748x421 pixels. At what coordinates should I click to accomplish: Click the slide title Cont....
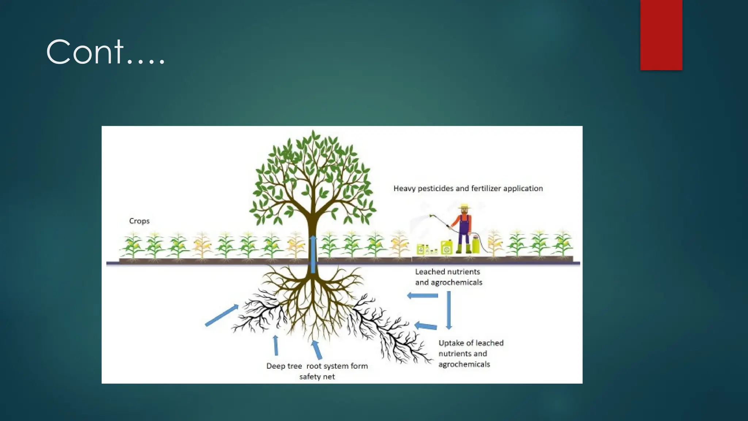(x=106, y=52)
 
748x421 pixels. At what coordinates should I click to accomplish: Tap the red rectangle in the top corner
(x=661, y=35)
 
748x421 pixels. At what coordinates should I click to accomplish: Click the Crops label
(x=139, y=221)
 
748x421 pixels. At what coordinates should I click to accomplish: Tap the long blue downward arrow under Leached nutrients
(x=449, y=310)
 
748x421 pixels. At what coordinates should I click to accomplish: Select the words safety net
(x=317, y=377)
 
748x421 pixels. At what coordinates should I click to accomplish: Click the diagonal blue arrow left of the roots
(x=222, y=315)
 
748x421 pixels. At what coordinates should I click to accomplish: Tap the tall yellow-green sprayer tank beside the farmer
(x=476, y=244)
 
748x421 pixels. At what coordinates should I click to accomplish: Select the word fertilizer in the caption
(x=486, y=189)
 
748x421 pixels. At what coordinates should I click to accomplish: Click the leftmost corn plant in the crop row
(x=132, y=246)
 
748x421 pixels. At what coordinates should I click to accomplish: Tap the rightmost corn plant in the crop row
(x=562, y=243)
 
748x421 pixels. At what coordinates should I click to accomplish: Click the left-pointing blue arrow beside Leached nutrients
(x=422, y=295)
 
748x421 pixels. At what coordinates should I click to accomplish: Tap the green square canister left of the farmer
(x=447, y=247)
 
